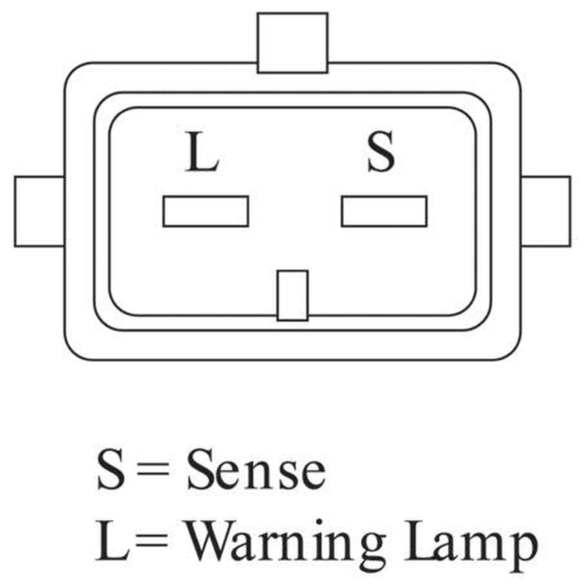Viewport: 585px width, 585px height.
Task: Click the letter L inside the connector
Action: point(202,151)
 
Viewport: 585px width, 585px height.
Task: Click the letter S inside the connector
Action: point(381,151)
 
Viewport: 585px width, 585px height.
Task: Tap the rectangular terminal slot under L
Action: point(206,211)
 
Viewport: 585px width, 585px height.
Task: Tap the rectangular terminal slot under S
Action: point(384,211)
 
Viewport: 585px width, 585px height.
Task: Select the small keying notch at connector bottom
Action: point(292,295)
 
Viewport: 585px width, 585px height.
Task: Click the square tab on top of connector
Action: point(292,43)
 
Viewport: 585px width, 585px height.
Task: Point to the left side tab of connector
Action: point(39,211)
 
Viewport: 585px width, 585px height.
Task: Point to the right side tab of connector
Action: point(546,211)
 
